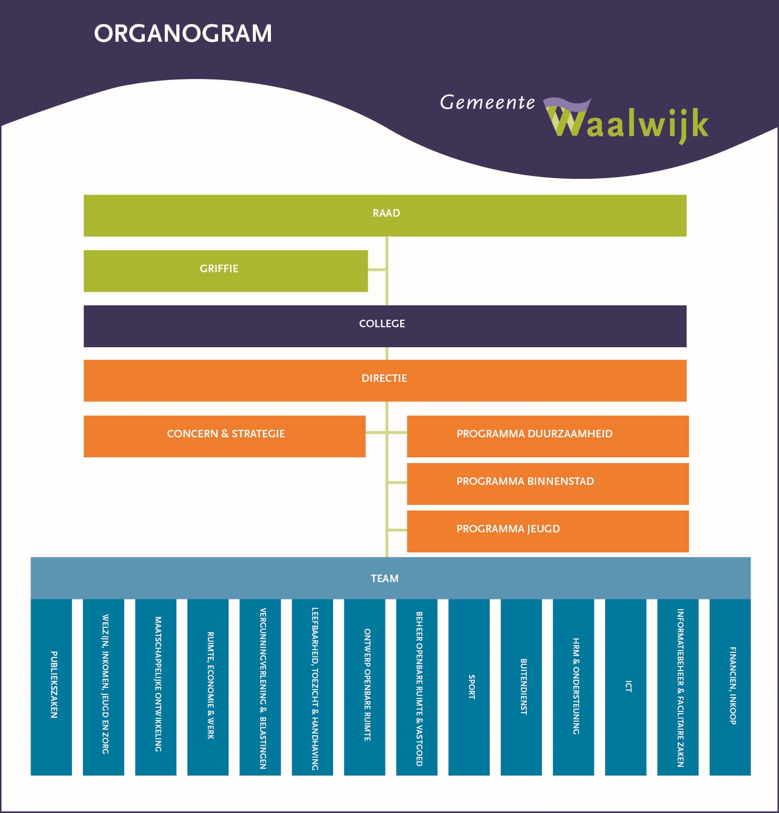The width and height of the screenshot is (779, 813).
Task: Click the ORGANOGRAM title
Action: coord(183,34)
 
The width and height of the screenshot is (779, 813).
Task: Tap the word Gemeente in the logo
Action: coord(487,103)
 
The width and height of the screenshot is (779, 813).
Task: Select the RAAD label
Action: coord(386,214)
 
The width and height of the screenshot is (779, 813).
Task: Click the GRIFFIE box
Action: coord(225,270)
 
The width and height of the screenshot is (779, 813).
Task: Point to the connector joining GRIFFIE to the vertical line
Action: coord(377,270)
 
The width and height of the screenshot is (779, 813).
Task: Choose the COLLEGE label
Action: coord(382,324)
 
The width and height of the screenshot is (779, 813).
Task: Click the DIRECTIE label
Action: coord(384,379)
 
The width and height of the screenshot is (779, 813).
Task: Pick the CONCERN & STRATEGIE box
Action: coord(224,436)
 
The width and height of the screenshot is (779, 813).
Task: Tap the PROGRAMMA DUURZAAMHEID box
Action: coord(547,436)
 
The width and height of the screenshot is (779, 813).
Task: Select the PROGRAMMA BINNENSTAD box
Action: coord(547,484)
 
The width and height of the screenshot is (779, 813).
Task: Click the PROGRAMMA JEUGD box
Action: coord(547,531)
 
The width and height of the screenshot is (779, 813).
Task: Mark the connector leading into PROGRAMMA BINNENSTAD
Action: coord(397,483)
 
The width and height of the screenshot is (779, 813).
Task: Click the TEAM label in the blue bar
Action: coord(384,579)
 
